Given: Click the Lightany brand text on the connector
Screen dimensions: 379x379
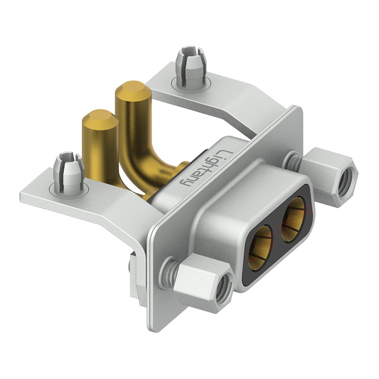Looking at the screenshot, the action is (204, 168).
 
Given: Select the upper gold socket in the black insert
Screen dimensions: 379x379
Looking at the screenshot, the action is (293, 219).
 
